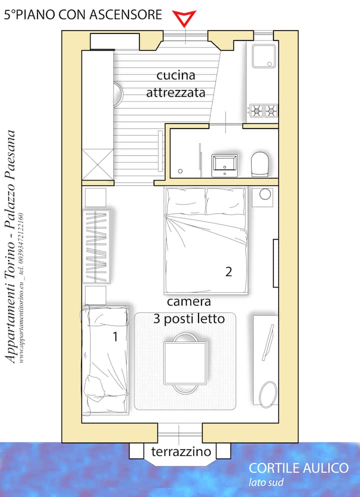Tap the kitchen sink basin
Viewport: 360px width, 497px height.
[x=263, y=56]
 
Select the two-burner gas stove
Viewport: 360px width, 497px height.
[x=263, y=110]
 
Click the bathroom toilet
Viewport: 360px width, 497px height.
[x=259, y=164]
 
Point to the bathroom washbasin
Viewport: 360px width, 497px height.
[x=224, y=165]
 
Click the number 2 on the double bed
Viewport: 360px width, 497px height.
[x=228, y=271]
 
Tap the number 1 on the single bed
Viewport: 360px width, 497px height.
[x=115, y=336]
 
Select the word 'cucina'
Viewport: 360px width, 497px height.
[x=176, y=75]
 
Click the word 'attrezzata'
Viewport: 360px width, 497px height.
[x=176, y=92]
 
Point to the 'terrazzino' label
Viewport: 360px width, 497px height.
[x=181, y=451]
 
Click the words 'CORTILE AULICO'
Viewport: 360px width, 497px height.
[x=298, y=468]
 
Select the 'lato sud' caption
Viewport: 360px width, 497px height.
[x=266, y=482]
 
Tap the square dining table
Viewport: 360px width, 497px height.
[x=185, y=363]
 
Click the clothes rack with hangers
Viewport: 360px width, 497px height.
[x=97, y=246]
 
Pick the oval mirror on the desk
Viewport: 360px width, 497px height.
[x=268, y=394]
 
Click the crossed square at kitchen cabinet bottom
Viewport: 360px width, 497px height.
[x=97, y=164]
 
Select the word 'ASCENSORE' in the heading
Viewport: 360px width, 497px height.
[x=125, y=14]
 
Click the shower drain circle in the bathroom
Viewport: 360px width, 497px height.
[x=180, y=171]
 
